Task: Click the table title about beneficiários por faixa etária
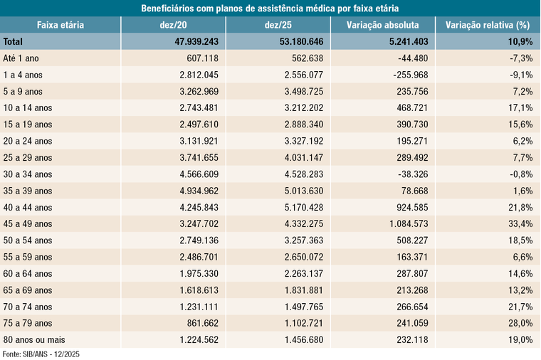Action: pyautogui.click(x=270, y=8)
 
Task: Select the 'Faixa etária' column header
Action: pyautogui.click(x=61, y=25)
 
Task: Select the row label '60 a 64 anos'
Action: pyautogui.click(x=28, y=274)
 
